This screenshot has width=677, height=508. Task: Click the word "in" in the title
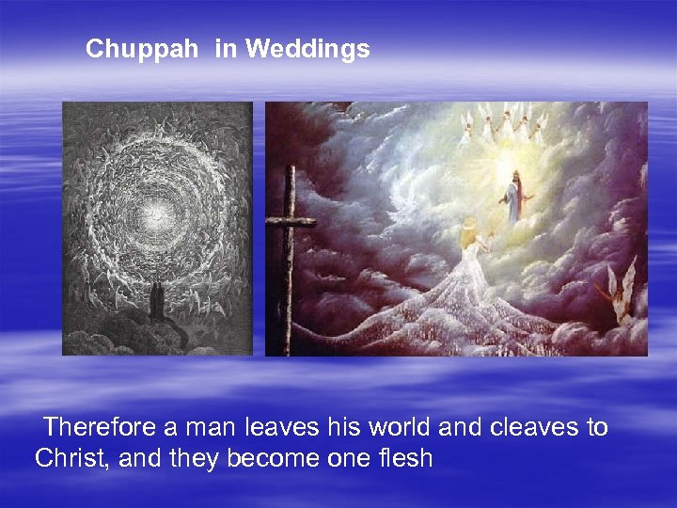226,49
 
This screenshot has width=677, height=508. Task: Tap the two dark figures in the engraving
156,301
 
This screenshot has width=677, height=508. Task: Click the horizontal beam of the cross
289,221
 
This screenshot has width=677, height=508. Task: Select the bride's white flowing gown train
451,310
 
